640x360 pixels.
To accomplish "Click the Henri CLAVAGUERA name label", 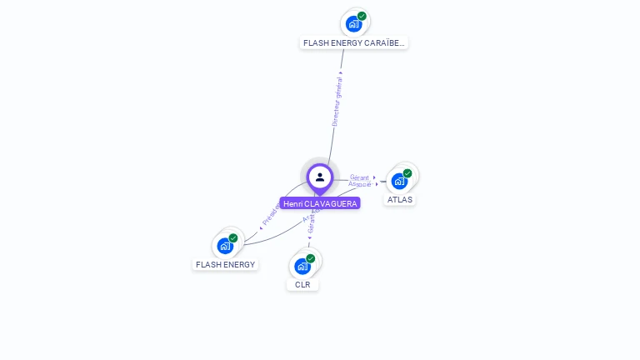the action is tap(320, 203).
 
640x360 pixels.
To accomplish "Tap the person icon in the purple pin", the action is tap(320, 177).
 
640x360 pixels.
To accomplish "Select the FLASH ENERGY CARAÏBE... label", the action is tap(354, 42).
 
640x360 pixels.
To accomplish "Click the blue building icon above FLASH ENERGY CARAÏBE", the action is tap(353, 23).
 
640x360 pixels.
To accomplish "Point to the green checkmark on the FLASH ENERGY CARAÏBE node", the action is tap(362, 16).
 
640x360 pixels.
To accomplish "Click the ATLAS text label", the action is tap(400, 199).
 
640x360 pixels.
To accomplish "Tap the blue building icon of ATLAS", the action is tap(399, 181).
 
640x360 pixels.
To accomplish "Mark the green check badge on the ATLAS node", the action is tap(407, 173).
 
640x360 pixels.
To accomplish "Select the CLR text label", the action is tap(302, 284).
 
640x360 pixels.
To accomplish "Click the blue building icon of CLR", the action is tap(302, 267).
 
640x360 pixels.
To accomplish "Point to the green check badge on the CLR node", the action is tap(311, 258).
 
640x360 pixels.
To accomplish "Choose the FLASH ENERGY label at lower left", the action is tap(225, 264).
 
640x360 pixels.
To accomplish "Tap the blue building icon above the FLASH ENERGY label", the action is tap(224, 246).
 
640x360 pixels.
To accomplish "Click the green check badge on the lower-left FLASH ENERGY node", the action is tap(233, 238).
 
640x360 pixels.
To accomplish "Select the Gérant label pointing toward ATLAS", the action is tap(359, 177).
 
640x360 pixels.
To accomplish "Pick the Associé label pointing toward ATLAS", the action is tap(360, 184).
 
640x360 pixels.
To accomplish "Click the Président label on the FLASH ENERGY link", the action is tap(271, 213).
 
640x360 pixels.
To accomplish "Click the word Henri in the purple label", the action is tap(292, 203).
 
